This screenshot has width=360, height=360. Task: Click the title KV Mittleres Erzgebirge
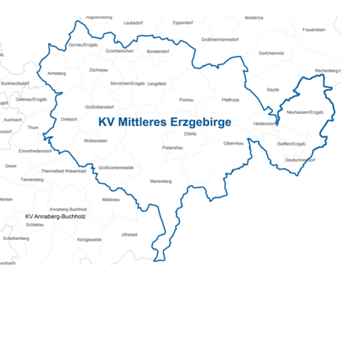pos(164,121)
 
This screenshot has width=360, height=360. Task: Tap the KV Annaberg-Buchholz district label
pos(55,216)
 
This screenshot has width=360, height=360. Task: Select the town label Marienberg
pos(160,181)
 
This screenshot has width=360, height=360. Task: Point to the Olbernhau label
pos(233,142)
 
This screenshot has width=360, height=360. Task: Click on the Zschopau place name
pos(98,70)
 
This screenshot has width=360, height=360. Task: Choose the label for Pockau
pos(187,99)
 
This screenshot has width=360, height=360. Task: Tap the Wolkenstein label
pos(96,140)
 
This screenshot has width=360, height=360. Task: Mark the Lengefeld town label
pos(157,83)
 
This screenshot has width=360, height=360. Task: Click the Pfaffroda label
pos(230,99)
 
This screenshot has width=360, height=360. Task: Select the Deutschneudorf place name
pos(299,160)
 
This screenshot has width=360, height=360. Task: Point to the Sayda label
pos(272,89)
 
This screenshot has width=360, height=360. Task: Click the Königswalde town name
pos(89,239)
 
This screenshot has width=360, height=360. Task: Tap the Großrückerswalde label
pos(116,167)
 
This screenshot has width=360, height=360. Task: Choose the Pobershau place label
pos(172,148)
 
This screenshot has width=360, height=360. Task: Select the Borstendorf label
pos(157,51)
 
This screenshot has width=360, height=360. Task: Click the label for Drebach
pos(69,118)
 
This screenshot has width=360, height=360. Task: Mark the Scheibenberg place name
pos(16,238)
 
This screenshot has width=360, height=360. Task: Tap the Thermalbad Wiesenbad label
pos(64,170)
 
